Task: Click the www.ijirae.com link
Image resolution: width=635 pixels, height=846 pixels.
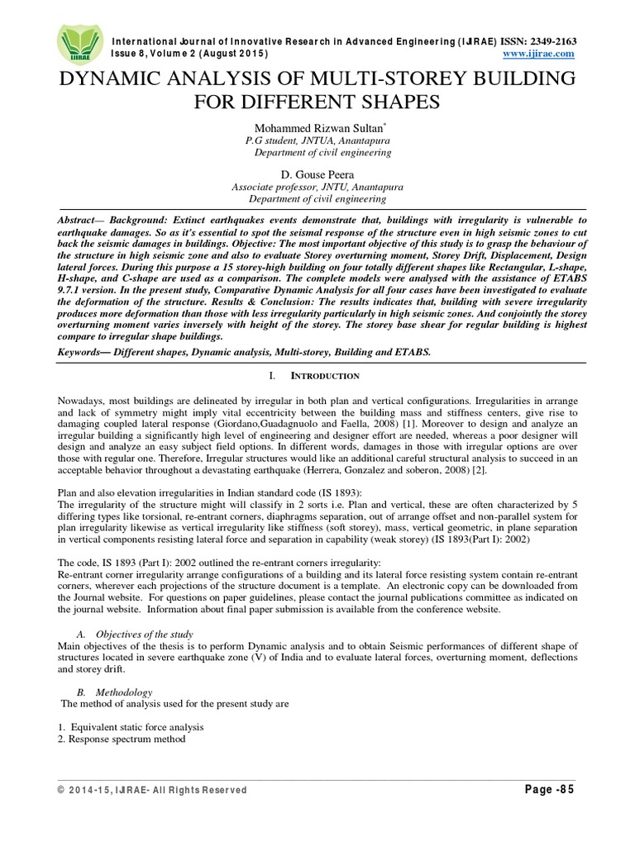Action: (538, 54)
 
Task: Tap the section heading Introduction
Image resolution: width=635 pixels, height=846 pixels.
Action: (328, 377)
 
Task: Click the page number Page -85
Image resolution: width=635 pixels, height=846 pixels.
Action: (549, 789)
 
